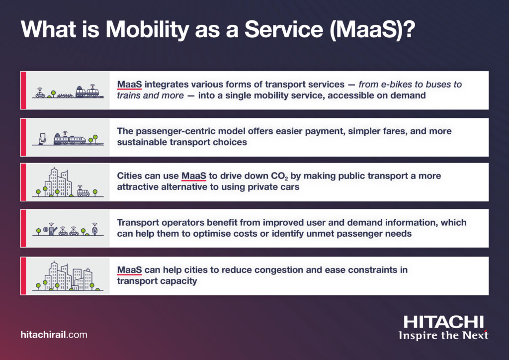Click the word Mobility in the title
pyautogui.click(x=147, y=30)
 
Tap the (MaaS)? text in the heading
pyautogui.click(x=372, y=30)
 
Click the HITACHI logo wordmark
pyautogui.click(x=443, y=322)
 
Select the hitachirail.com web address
pyautogui.click(x=54, y=335)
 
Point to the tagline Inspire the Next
pyautogui.click(x=443, y=335)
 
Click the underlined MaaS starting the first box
pyautogui.click(x=130, y=85)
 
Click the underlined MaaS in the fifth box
pyautogui.click(x=130, y=270)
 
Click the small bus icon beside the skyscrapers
pyautogui.click(x=83, y=192)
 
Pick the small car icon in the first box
pyautogui.click(x=40, y=93)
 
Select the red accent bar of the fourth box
pyautogui.click(x=23, y=228)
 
